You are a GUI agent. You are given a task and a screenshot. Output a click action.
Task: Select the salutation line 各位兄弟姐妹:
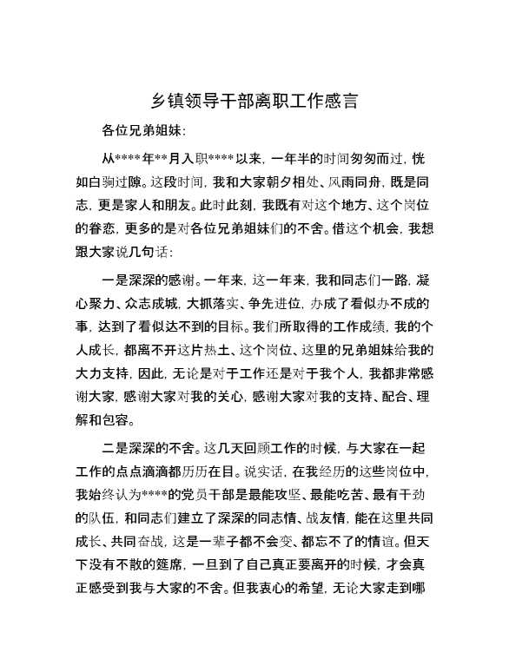pos(143,132)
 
